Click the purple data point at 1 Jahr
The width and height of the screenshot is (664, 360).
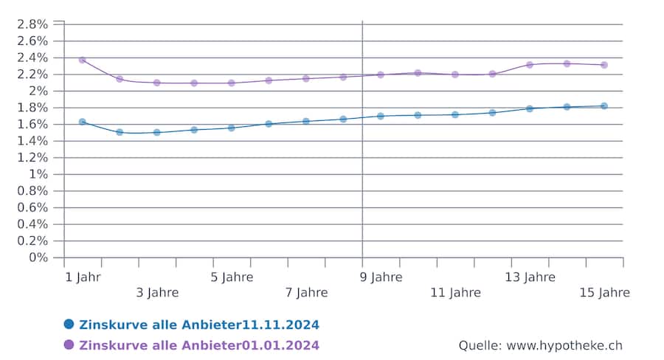pyautogui.click(x=82, y=60)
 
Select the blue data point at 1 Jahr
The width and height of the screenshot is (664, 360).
pyautogui.click(x=82, y=122)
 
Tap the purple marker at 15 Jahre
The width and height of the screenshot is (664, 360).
pyautogui.click(x=604, y=65)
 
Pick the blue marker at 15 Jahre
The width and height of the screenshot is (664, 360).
pyautogui.click(x=604, y=106)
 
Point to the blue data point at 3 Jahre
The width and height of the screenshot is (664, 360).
pyautogui.click(x=156, y=132)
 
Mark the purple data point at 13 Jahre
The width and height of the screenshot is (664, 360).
pyautogui.click(x=529, y=65)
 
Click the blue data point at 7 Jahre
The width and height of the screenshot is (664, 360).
pyautogui.click(x=305, y=121)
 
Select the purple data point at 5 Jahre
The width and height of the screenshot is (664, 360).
pyautogui.click(x=231, y=83)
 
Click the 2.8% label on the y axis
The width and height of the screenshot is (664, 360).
pyautogui.click(x=32, y=24)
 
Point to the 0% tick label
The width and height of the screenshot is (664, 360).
pyautogui.click(x=38, y=257)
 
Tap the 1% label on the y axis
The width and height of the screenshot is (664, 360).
pyautogui.click(x=38, y=174)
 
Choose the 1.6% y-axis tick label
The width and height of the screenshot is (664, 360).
pyautogui.click(x=32, y=124)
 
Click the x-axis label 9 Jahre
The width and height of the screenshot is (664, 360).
pyautogui.click(x=381, y=277)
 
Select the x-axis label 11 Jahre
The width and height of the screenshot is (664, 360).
pyautogui.click(x=455, y=293)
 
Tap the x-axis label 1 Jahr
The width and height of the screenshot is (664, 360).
pyautogui.click(x=83, y=277)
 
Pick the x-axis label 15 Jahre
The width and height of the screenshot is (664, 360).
pyautogui.click(x=604, y=293)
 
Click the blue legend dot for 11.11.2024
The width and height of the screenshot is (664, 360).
pyautogui.click(x=69, y=324)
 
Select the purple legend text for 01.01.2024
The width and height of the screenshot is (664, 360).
pyautogui.click(x=199, y=345)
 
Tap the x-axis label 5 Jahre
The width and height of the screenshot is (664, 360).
pyautogui.click(x=232, y=277)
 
